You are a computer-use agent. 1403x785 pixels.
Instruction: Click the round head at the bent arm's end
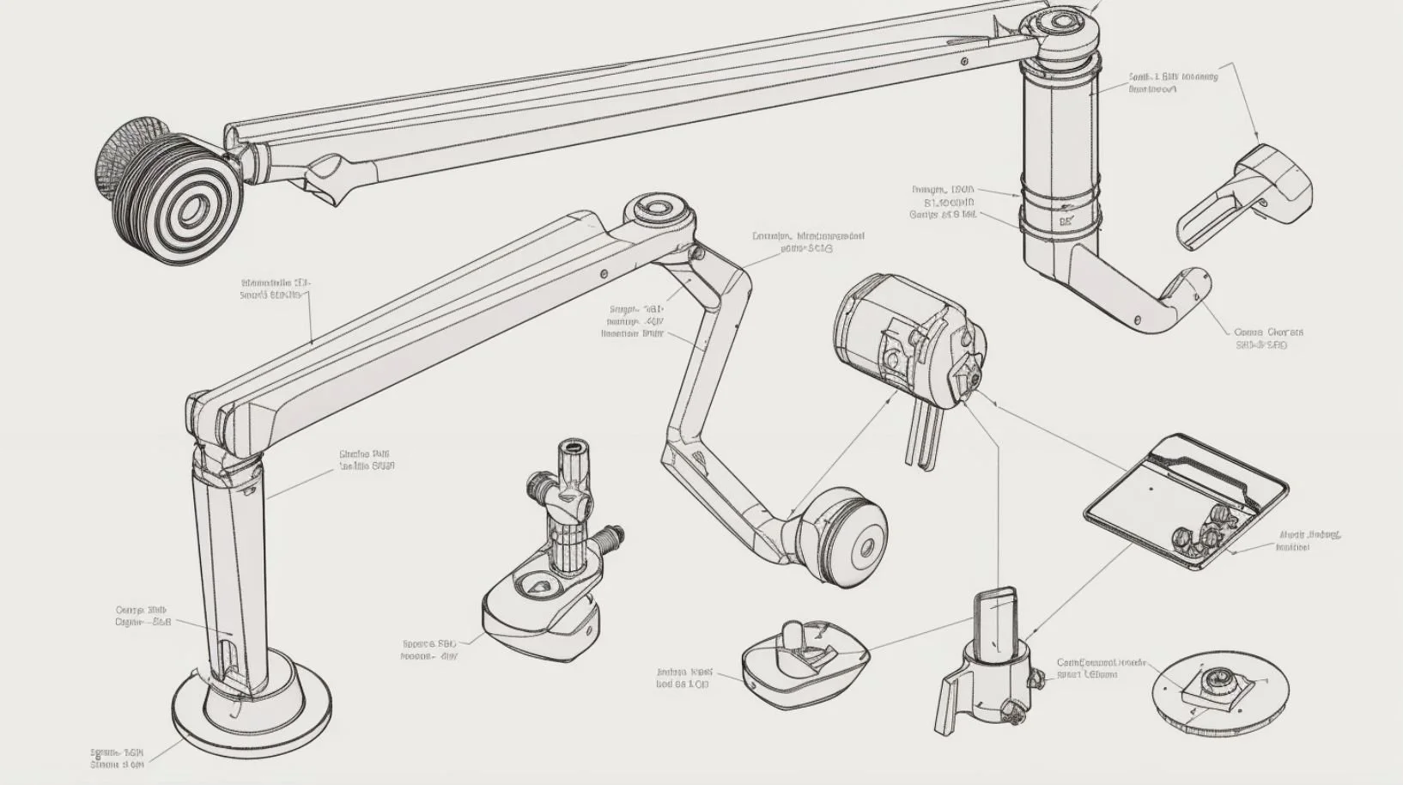(x=841, y=538)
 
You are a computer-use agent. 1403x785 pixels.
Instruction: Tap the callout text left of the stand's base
(x=118, y=757)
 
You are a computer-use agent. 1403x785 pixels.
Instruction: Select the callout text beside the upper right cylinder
(x=1173, y=82)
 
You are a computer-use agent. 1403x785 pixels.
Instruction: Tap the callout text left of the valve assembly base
(x=429, y=648)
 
